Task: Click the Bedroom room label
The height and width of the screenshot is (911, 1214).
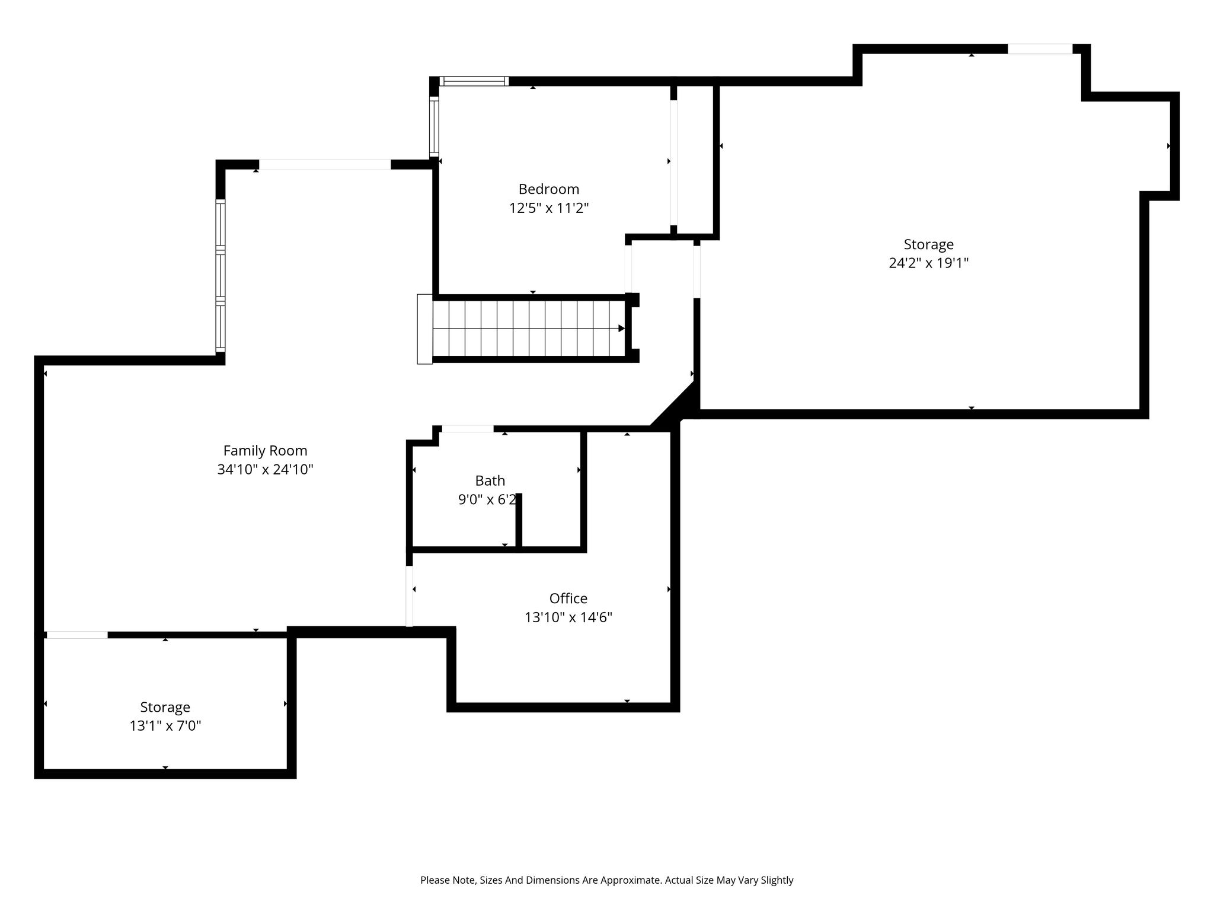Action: [x=549, y=189]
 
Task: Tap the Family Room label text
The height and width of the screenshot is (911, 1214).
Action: [x=265, y=451]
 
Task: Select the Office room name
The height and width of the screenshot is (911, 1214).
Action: [x=568, y=598]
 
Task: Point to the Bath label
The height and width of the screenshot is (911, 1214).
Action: [x=490, y=480]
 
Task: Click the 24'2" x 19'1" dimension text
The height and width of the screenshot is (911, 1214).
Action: [x=928, y=263]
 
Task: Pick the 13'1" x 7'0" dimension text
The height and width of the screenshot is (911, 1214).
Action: [x=165, y=725]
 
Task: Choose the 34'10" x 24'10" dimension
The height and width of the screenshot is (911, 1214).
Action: [x=265, y=470]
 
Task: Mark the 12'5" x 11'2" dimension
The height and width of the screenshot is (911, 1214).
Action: [x=549, y=208]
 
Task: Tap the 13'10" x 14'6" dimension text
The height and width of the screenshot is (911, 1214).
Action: [x=568, y=617]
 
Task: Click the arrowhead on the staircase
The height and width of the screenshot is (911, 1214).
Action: [x=621, y=329]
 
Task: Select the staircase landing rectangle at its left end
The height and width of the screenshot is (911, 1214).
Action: [x=425, y=329]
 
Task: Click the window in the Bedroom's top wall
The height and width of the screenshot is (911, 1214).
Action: [x=474, y=81]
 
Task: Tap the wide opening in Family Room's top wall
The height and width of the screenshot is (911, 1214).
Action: [x=325, y=165]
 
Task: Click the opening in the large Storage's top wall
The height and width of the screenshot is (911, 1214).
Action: [x=1040, y=49]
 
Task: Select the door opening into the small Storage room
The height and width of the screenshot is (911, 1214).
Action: [x=77, y=635]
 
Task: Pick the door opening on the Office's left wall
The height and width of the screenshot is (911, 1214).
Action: [x=409, y=596]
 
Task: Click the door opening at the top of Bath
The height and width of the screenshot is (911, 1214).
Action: [x=468, y=429]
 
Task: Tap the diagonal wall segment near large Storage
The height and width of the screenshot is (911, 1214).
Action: [x=673, y=404]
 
